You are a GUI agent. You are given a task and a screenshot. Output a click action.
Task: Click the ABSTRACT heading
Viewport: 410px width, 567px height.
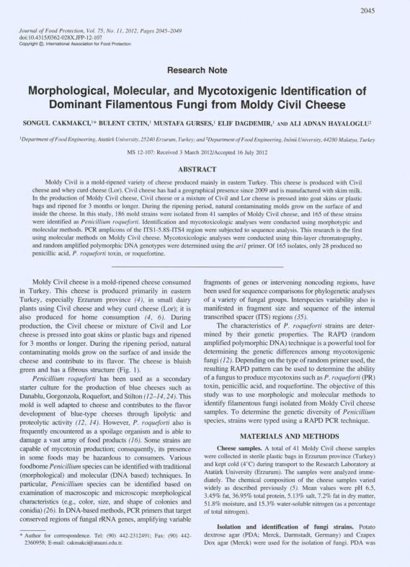(x=205, y=168)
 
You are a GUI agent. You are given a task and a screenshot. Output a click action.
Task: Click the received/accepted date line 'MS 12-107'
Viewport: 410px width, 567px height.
(x=205, y=153)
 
